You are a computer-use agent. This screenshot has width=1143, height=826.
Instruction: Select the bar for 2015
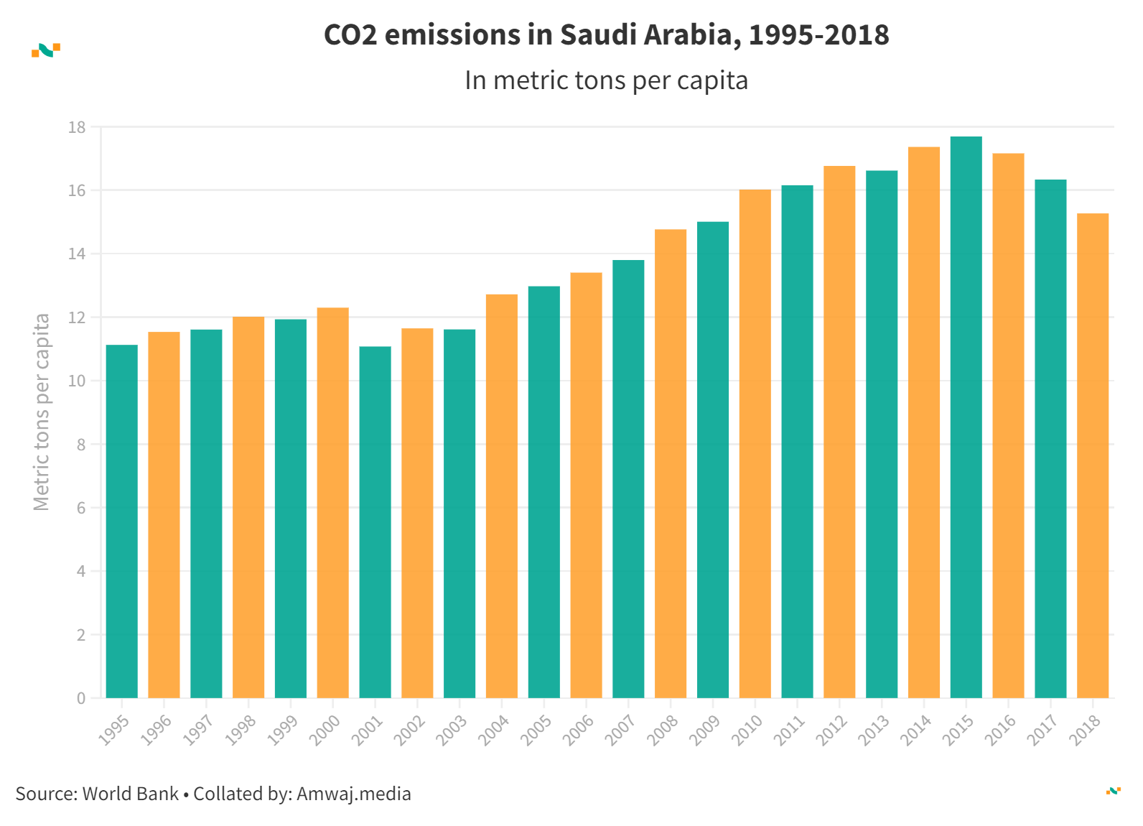pyautogui.click(x=966, y=417)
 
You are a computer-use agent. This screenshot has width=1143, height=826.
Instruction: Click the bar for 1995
pyautogui.click(x=121, y=521)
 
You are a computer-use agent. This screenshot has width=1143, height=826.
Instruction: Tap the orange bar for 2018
pyautogui.click(x=1092, y=455)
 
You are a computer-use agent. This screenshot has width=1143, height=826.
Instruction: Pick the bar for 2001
pyautogui.click(x=375, y=521)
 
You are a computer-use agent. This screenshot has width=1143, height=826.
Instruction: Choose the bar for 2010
pyautogui.click(x=755, y=443)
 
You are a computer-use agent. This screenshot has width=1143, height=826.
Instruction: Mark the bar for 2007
pyautogui.click(x=628, y=478)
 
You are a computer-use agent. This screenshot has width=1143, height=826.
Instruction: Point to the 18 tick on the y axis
pyautogui.click(x=77, y=127)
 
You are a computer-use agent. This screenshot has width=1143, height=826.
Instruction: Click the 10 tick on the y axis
pyautogui.click(x=77, y=381)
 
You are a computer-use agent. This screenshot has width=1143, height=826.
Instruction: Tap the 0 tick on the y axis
pyautogui.click(x=81, y=698)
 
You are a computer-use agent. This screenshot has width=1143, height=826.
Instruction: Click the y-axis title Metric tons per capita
pyautogui.click(x=42, y=412)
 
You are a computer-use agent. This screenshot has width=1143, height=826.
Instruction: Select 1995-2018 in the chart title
pyautogui.click(x=818, y=34)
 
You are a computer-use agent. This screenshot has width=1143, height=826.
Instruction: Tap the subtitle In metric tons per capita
pyautogui.click(x=606, y=80)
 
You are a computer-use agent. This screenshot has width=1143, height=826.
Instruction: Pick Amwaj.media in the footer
pyautogui.click(x=353, y=794)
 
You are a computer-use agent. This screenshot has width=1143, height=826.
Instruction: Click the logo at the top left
pyautogui.click(x=46, y=50)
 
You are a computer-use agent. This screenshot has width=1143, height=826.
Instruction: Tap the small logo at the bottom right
pyautogui.click(x=1113, y=791)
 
